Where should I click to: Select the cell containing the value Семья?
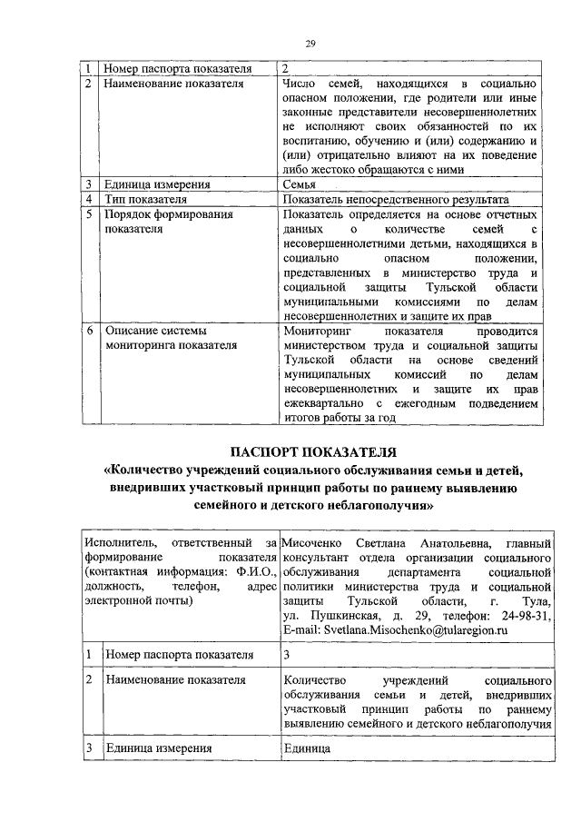pyautogui.click(x=300, y=184)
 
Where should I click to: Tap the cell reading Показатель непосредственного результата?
pyautogui.click(x=395, y=199)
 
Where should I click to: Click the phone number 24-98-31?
pyautogui.click(x=527, y=616)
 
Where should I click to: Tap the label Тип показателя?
pyautogui.click(x=146, y=199)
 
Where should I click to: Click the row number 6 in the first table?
pyautogui.click(x=88, y=332)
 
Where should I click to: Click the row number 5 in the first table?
pyautogui.click(x=88, y=215)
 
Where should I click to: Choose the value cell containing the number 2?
pyautogui.click(x=286, y=69)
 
